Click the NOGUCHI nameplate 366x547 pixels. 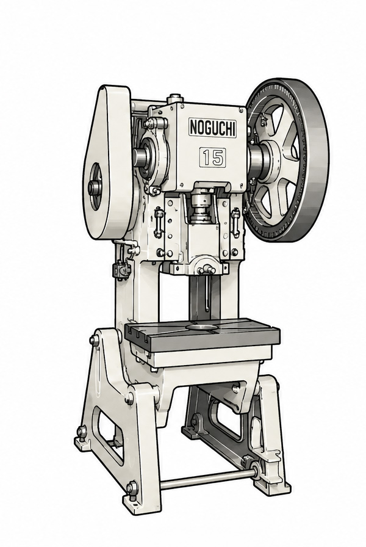pyautogui.click(x=212, y=127)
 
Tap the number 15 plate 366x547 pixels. pyautogui.click(x=212, y=157)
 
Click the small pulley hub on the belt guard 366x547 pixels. pyautogui.click(x=95, y=188)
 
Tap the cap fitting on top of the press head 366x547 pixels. pyautogui.click(x=174, y=98)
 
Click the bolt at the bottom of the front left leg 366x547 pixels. pyautogui.click(x=132, y=488)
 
